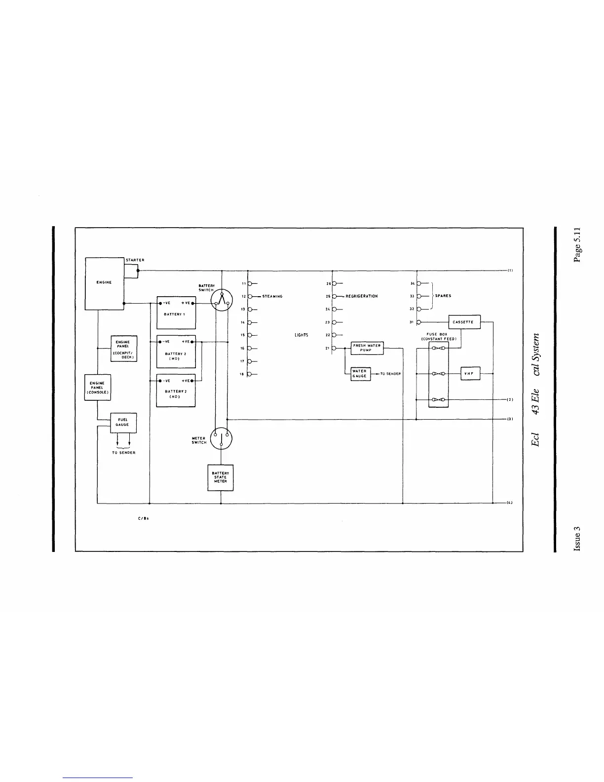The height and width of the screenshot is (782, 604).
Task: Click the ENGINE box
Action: pos(105,283)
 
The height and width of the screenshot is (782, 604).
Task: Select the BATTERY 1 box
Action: pos(176,313)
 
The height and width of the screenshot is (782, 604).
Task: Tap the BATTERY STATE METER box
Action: pos(220,477)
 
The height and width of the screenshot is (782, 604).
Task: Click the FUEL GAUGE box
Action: pos(123,423)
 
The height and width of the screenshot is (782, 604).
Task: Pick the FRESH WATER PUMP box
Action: pos(367,348)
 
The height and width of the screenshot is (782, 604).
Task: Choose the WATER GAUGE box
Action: pos(360,374)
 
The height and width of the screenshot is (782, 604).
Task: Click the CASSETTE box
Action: pos(464,322)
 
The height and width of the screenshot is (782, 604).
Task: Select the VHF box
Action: pos(470,374)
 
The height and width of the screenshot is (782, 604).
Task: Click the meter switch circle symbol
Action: pos(221,438)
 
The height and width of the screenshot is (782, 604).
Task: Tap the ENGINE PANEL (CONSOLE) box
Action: pos(97,388)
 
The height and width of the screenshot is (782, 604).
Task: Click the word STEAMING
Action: pos(272,296)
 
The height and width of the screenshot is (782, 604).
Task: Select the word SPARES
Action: pos(443,296)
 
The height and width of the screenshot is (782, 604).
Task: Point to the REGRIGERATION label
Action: pos(362,296)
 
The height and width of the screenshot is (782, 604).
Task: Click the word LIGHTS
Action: pos(301,335)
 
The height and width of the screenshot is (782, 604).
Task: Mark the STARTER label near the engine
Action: pos(135,260)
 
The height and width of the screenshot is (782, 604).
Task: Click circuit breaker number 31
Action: pos(418,322)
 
